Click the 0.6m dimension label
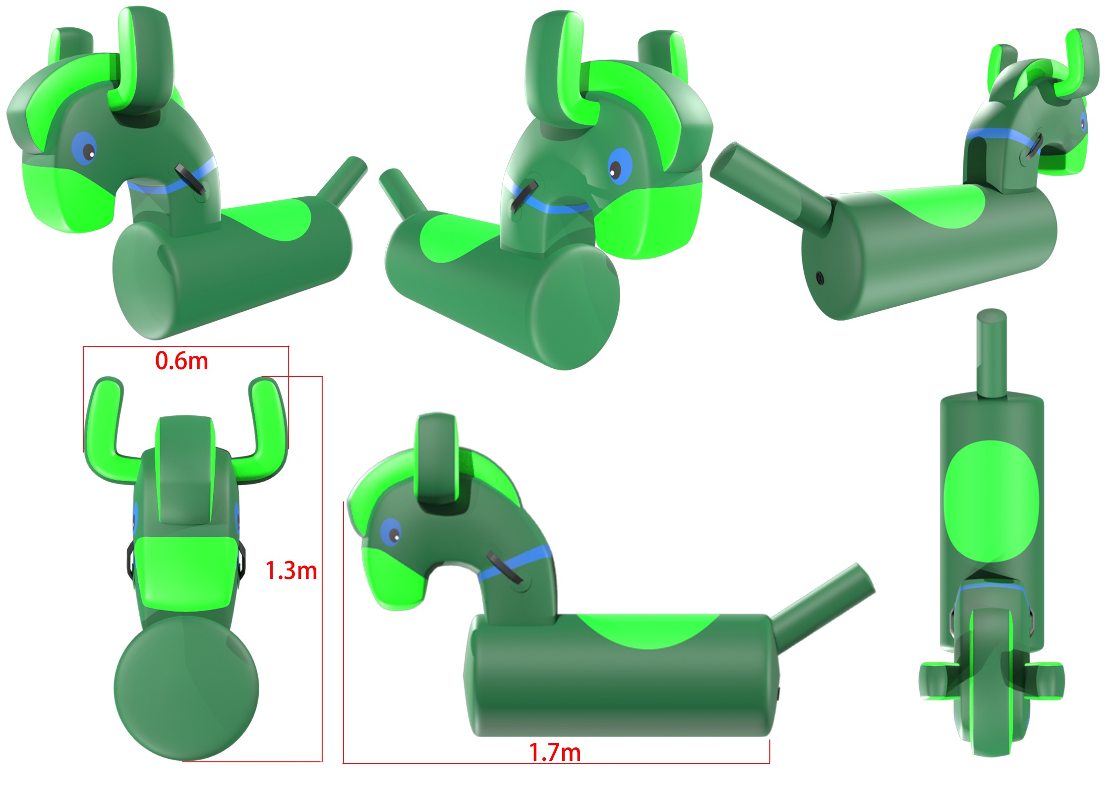(x=181, y=361)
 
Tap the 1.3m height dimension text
(x=291, y=570)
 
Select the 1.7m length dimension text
(x=555, y=752)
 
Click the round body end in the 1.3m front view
(x=186, y=689)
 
